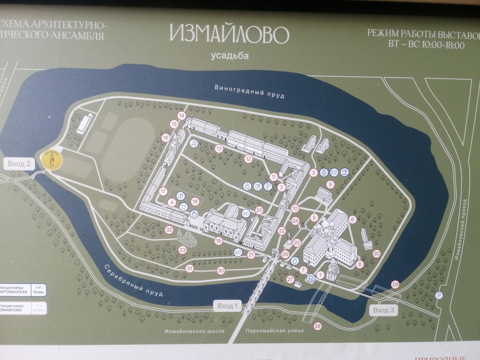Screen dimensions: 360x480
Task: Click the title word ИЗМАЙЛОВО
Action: [229, 34]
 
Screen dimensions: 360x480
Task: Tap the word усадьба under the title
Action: [230, 56]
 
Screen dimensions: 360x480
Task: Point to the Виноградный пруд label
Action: [249, 92]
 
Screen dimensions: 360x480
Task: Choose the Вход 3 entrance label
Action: [384, 310]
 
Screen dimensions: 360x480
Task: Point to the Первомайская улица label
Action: [275, 331]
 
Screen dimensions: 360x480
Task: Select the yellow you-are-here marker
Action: [52, 160]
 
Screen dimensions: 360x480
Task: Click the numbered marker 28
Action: [318, 326]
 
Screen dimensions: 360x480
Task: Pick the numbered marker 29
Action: [395, 284]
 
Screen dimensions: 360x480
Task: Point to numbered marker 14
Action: [182, 116]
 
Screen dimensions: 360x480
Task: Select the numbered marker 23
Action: [183, 250]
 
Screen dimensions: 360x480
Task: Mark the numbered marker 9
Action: [330, 184]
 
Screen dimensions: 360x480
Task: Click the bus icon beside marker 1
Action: [310, 278]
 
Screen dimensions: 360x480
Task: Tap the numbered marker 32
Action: [169, 230]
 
